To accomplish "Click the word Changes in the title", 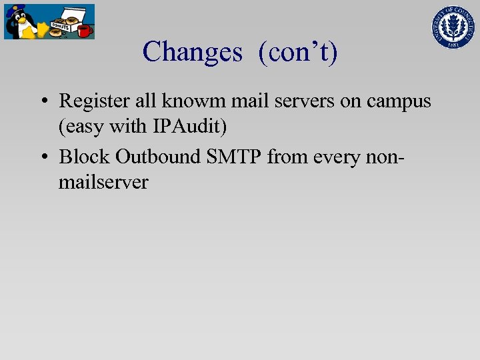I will (x=192, y=52).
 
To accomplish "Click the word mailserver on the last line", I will (x=103, y=182).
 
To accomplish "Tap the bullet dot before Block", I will (x=42, y=157).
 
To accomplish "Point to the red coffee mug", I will (x=84, y=31).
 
